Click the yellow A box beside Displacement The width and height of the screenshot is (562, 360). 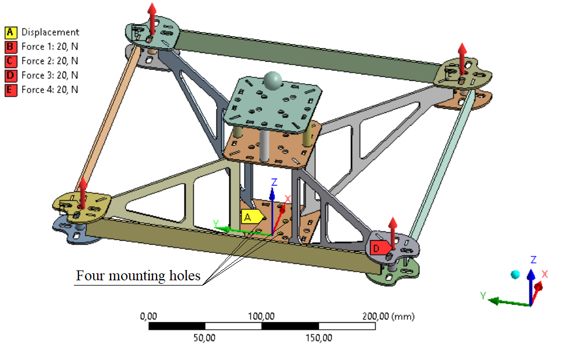click(10, 33)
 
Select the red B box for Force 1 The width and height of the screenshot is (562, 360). click(10, 47)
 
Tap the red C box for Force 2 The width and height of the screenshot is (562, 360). click(10, 61)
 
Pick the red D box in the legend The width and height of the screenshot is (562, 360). click(10, 76)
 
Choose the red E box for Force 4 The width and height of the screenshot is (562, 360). click(10, 90)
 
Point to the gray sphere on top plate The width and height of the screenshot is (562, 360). click(272, 81)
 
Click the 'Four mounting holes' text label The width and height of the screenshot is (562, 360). click(138, 275)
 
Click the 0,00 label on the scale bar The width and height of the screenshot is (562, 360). click(149, 316)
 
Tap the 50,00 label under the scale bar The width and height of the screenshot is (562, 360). click(205, 337)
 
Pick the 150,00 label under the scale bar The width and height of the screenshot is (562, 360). click(318, 337)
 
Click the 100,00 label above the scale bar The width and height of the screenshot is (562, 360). click(262, 316)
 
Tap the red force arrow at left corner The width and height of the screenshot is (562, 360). click(83, 192)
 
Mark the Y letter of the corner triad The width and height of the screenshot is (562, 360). click(483, 296)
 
